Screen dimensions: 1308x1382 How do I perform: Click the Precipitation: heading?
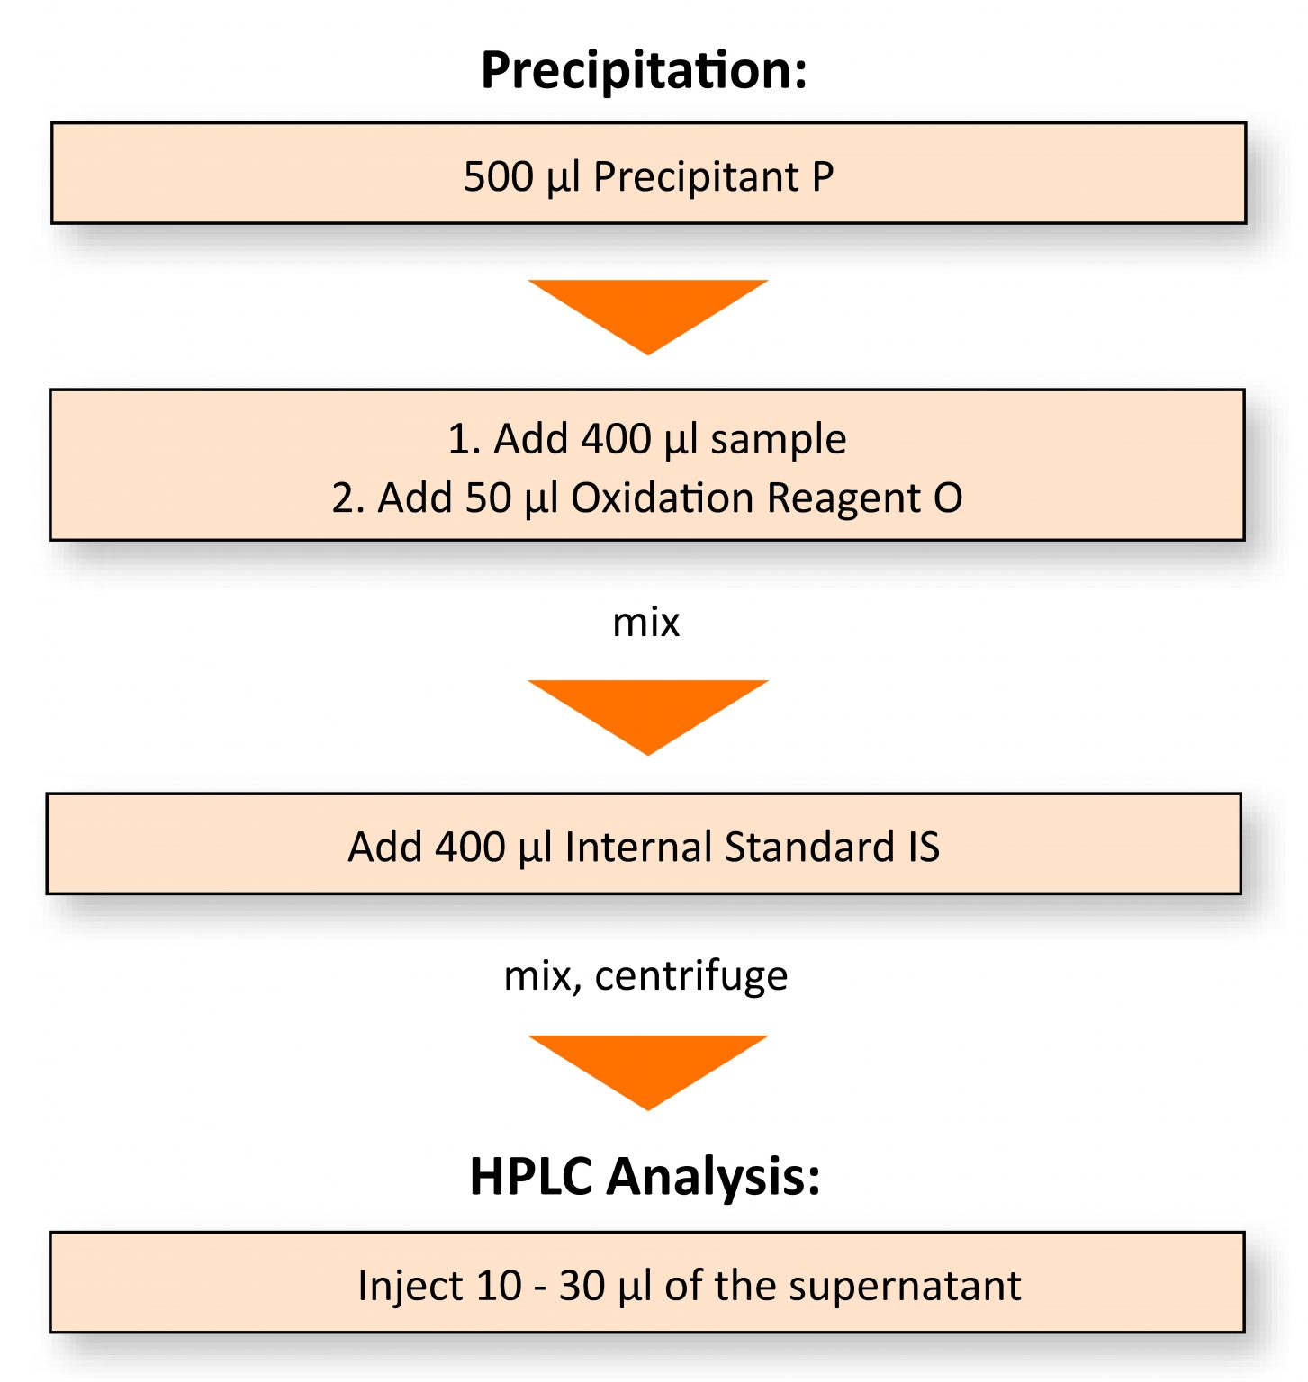click(645, 70)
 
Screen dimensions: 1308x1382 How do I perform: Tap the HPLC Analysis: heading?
click(645, 1176)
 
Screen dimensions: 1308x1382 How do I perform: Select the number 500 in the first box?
click(499, 176)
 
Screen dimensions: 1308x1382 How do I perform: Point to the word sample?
click(779, 441)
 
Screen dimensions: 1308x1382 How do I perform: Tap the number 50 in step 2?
click(488, 498)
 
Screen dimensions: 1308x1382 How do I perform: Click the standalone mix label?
click(645, 623)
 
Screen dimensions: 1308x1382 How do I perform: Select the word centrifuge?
click(691, 977)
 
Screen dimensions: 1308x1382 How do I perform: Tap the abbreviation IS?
click(924, 847)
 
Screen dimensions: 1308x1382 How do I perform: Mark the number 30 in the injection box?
click(582, 1286)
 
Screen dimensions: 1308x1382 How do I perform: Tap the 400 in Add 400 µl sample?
click(617, 439)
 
